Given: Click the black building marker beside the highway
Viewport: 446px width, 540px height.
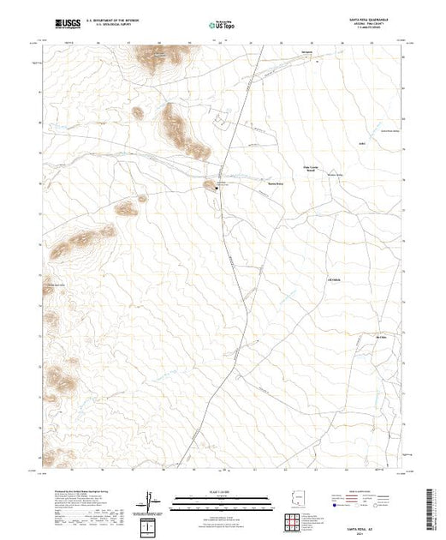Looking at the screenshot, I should point(217,189).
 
